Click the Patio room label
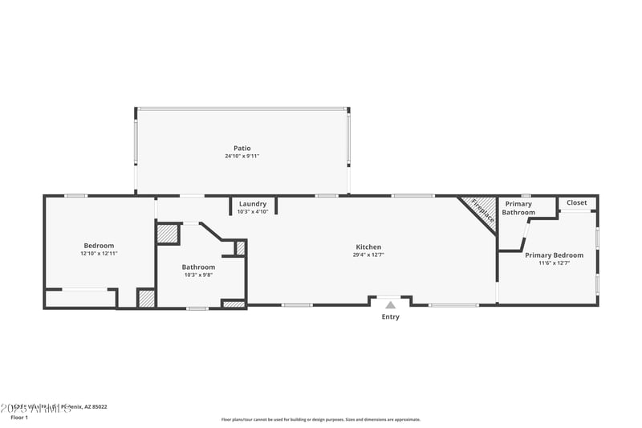242,148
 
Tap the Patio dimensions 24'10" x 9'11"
242,157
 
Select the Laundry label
253,204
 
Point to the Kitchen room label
368,247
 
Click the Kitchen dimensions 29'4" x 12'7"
368,255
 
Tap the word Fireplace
482,210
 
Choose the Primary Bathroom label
518,208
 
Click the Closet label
576,202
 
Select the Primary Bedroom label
555,255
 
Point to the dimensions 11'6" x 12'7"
555,263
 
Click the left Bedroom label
99,245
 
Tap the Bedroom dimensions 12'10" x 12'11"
99,254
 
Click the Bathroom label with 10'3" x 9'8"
198,267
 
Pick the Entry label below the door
390,316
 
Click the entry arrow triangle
390,304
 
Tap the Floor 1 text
18,418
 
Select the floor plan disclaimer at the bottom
320,419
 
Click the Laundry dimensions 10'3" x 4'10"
253,212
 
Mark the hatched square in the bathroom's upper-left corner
167,233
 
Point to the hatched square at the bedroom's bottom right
146,298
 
